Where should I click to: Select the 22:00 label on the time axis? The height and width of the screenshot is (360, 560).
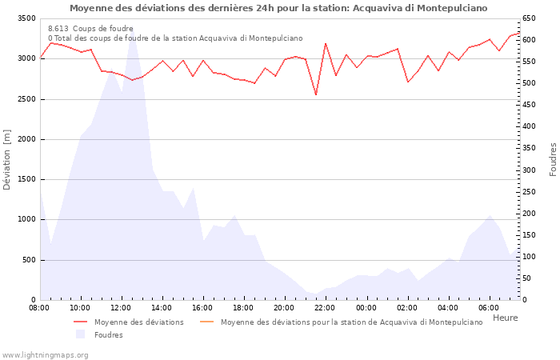(x=326, y=307)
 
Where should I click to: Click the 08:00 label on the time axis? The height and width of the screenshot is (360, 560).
(x=40, y=307)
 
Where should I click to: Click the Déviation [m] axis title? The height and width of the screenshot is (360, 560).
(x=8, y=159)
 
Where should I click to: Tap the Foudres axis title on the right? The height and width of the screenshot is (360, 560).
(x=553, y=159)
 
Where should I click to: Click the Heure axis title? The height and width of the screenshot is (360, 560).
(x=506, y=318)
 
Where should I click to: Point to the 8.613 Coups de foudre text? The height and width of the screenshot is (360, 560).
(x=90, y=29)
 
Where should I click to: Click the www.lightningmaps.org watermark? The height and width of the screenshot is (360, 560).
(x=45, y=354)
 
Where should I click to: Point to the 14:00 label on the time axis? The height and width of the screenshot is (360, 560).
(x=162, y=307)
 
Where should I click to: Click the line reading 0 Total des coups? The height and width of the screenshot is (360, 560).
(x=175, y=38)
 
